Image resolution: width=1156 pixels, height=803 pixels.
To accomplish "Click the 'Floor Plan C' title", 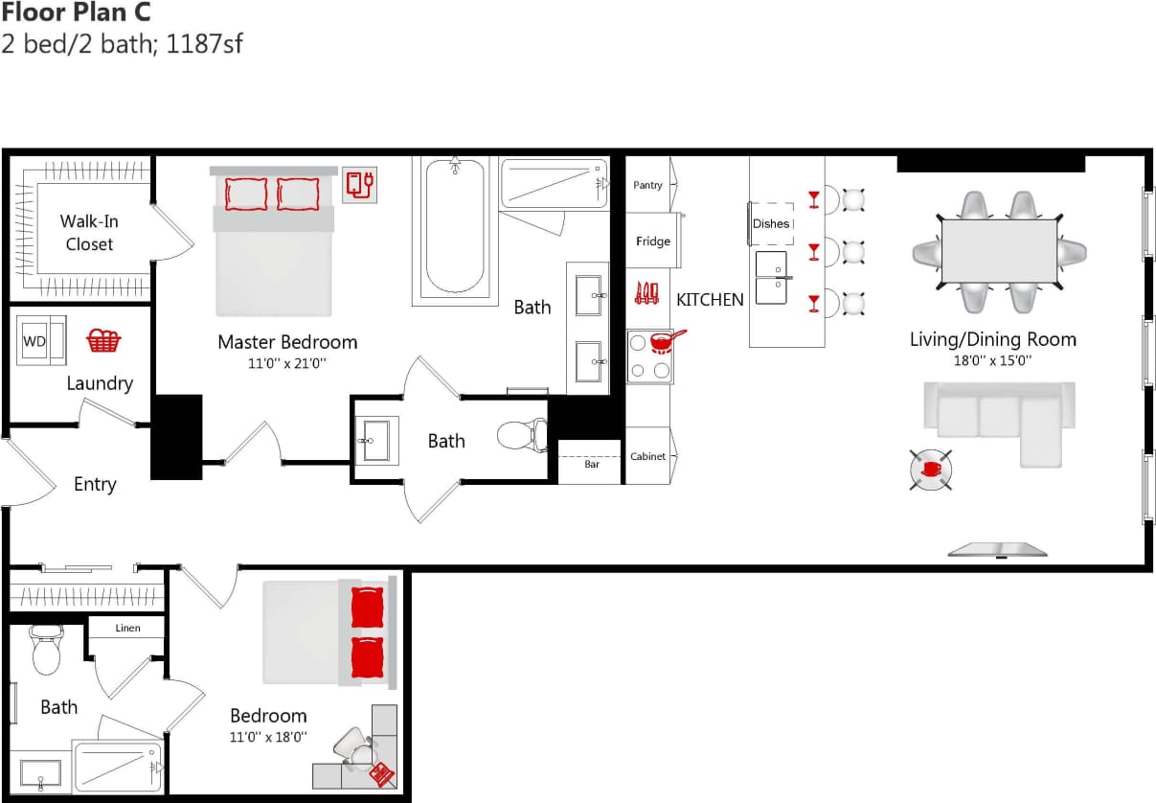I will pos(76,13).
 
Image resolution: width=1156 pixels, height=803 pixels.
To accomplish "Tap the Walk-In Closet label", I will pos(89,233).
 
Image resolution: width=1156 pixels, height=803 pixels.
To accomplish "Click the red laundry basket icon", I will pos(103,340).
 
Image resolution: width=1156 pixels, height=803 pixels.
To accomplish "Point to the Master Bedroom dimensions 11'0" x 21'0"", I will pos(287,364).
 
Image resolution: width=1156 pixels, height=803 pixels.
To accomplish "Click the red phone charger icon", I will pos(360,183).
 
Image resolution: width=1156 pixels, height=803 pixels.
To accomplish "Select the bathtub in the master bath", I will pos(455,230).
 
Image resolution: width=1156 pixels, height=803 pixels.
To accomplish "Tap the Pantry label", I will pos(647,185).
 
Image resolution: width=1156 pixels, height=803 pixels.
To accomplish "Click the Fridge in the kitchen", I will pos(652,241).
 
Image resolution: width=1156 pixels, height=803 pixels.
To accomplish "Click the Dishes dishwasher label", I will pos(771,223).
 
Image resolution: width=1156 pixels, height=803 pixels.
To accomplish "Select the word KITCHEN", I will pos(710,300).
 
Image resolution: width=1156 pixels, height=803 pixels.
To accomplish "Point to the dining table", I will pos(999,252).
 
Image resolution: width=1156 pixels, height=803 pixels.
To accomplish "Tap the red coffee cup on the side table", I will pos(931,470).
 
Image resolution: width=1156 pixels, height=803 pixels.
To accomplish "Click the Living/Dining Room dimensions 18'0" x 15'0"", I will pos(992,361).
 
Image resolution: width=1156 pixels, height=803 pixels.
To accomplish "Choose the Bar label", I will pos(592,465).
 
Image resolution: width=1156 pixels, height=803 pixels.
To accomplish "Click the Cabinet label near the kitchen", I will pos(647,456).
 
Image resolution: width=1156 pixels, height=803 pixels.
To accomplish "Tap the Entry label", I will pos(95,485).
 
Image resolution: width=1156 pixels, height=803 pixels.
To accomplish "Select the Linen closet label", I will pos(127,629).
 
